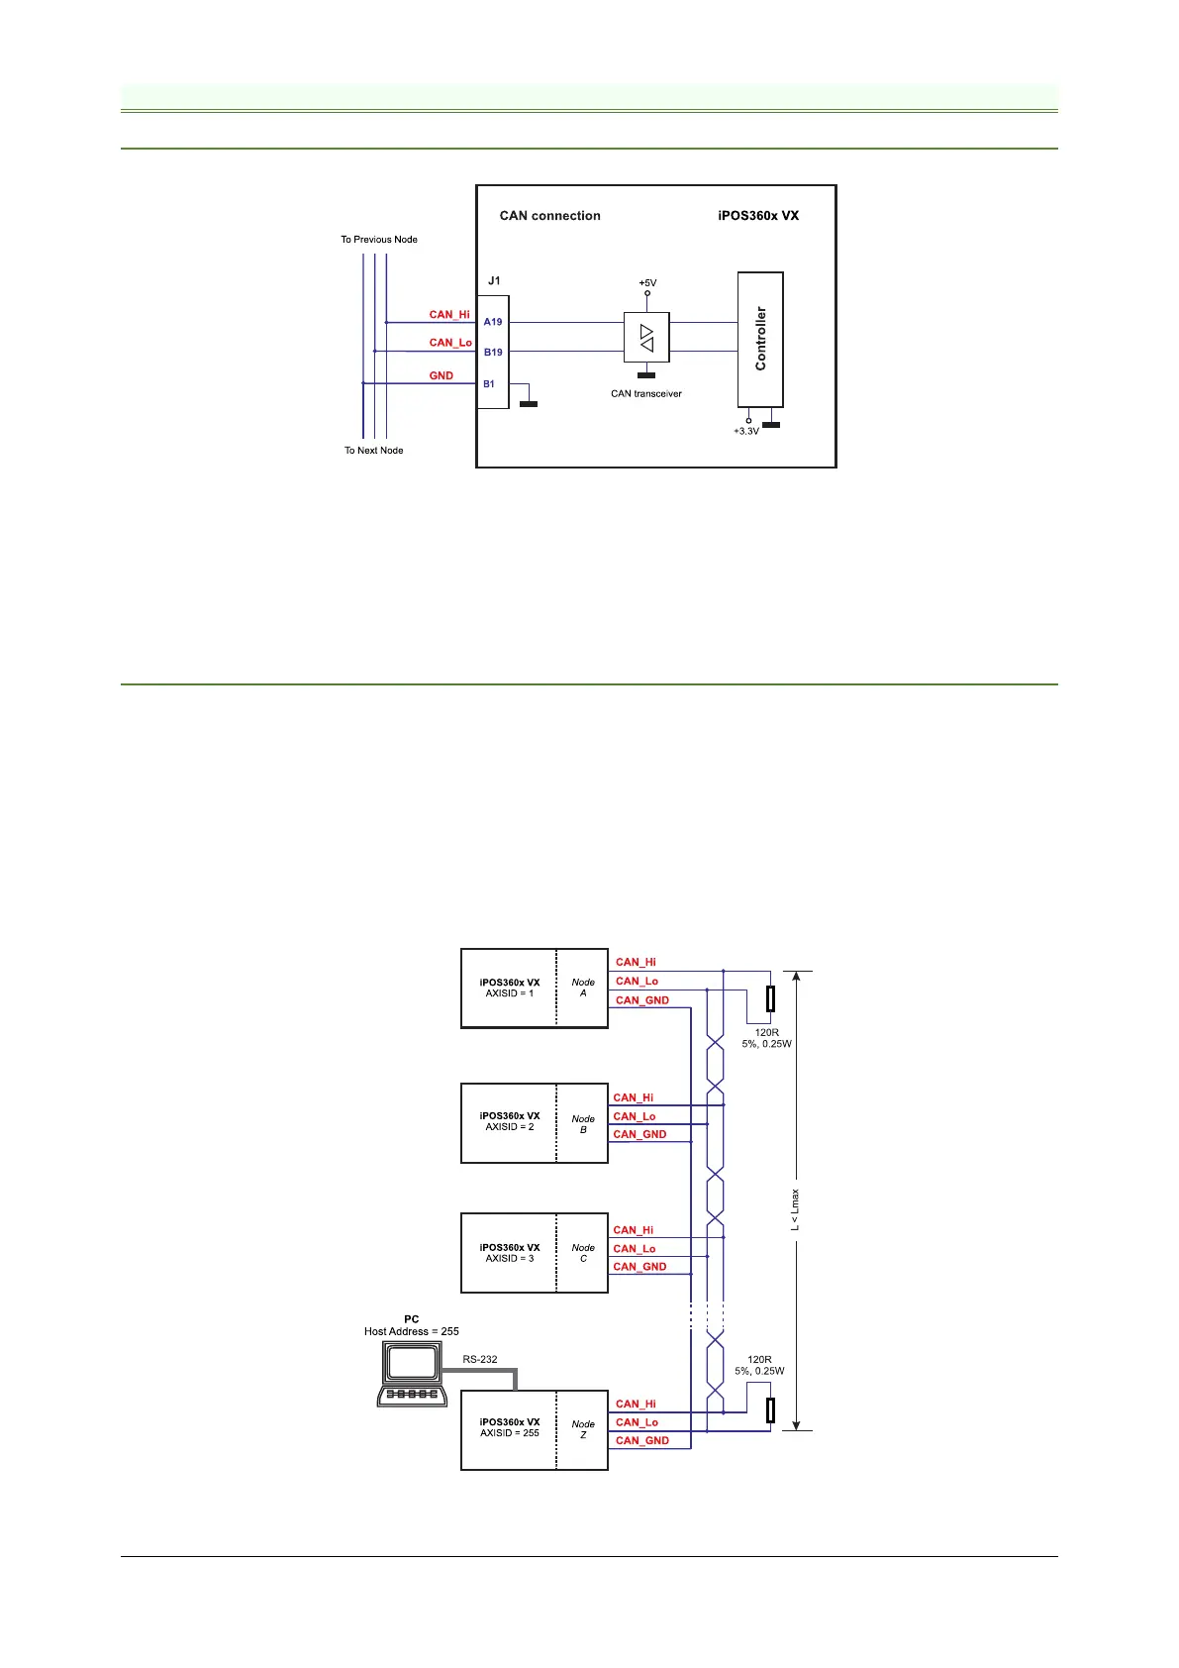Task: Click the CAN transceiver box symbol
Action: [x=646, y=338]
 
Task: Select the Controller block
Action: [x=760, y=339]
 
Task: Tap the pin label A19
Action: [x=493, y=322]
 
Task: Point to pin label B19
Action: [x=493, y=352]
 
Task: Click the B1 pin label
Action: [x=489, y=383]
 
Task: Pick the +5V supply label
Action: [x=647, y=283]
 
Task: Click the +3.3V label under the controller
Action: [x=746, y=432]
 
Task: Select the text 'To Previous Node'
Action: [x=379, y=240]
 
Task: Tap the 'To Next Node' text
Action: [x=373, y=451]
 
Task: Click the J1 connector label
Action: [x=494, y=280]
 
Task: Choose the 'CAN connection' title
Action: [x=549, y=216]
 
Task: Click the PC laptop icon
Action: [x=412, y=1376]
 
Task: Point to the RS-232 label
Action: [x=480, y=1359]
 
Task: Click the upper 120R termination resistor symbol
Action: [x=770, y=998]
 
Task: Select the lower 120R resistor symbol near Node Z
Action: [x=770, y=1409]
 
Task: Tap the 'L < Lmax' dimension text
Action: [x=795, y=1210]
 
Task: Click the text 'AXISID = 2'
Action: [x=510, y=1127]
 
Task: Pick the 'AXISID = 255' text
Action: [x=510, y=1433]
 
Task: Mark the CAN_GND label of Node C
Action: [x=639, y=1267]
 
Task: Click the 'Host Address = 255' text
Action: [x=412, y=1331]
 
